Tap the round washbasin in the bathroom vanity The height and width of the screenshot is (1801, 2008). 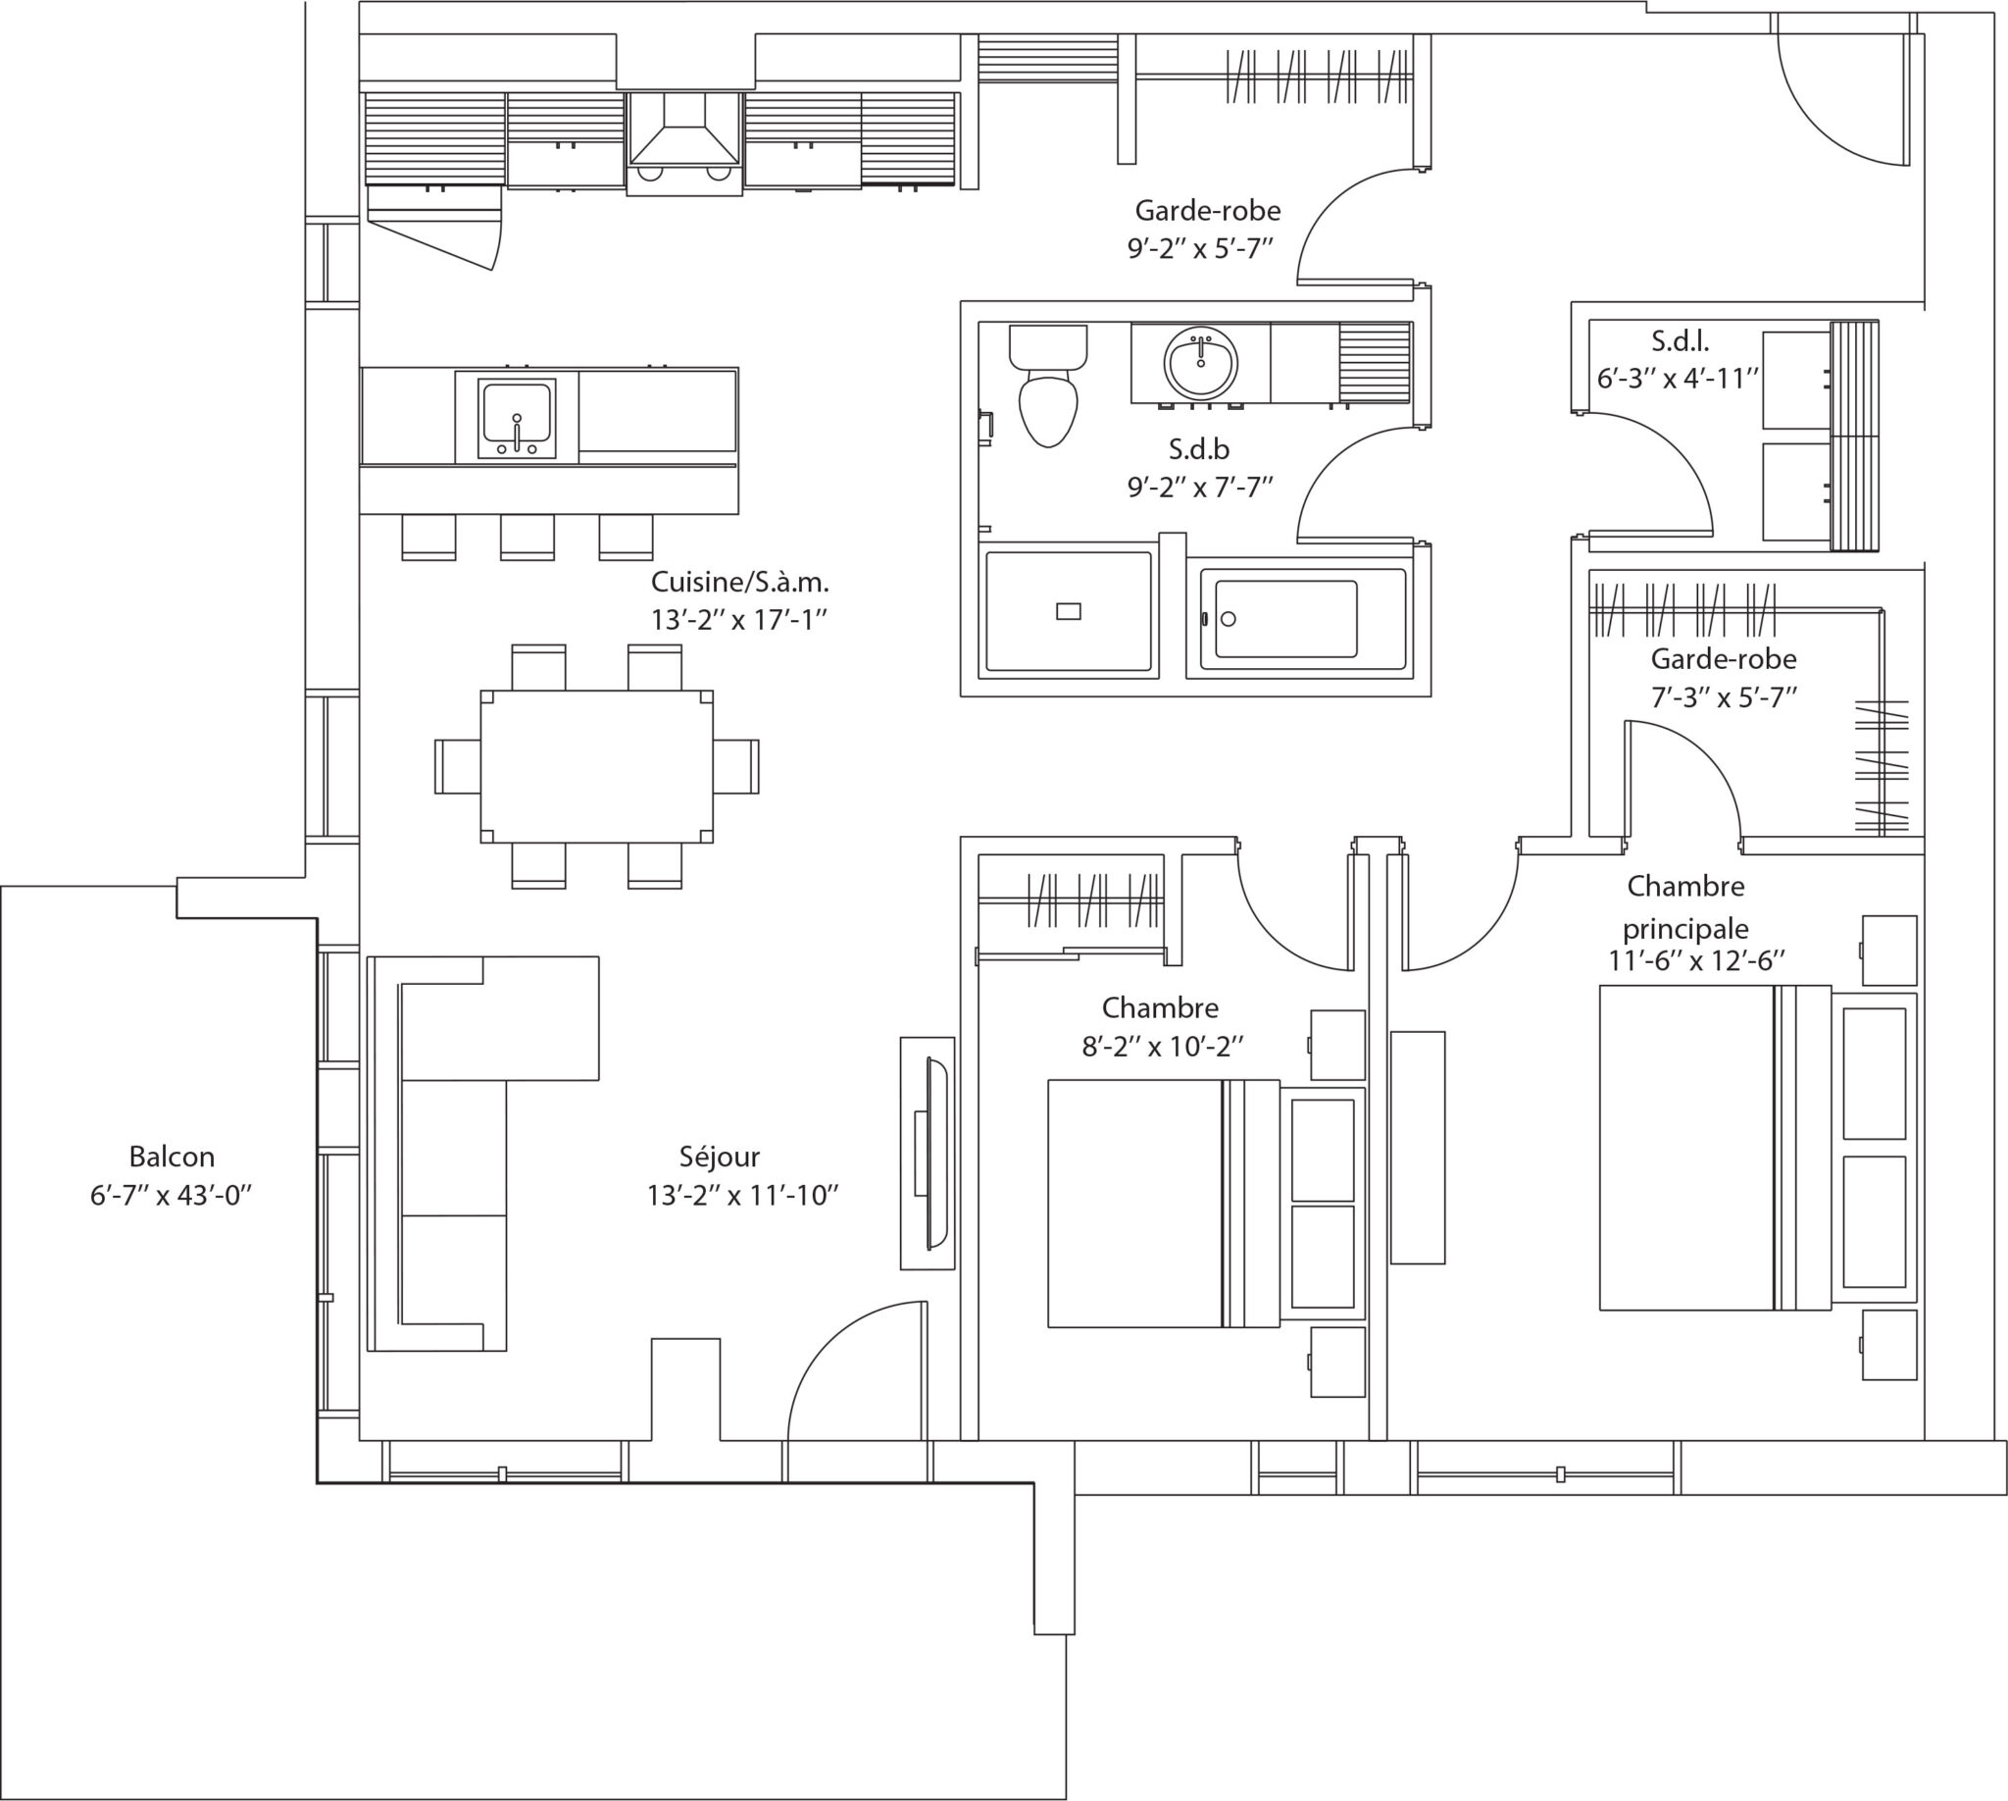(x=1201, y=362)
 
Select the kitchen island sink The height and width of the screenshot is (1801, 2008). (x=517, y=419)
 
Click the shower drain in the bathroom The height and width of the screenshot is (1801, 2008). (x=1069, y=611)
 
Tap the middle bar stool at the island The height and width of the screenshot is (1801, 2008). (x=527, y=538)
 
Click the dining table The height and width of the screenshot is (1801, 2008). (x=596, y=767)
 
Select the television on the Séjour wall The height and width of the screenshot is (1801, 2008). (x=934, y=1154)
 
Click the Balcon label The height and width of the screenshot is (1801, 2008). (x=172, y=1157)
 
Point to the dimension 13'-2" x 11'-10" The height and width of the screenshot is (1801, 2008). (x=742, y=1197)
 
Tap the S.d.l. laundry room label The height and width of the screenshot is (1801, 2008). (x=1680, y=341)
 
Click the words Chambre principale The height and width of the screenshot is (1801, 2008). (x=1685, y=907)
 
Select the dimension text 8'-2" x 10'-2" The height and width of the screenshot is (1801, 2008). (x=1162, y=1047)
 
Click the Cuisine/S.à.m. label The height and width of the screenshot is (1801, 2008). (x=740, y=581)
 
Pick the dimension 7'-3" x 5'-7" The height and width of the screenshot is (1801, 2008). (x=1723, y=697)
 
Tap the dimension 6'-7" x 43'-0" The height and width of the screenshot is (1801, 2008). (x=172, y=1197)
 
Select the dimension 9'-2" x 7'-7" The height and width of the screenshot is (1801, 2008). (x=1200, y=488)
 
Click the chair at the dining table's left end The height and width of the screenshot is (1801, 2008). (x=458, y=766)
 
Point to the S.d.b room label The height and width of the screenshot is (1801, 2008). (x=1199, y=449)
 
